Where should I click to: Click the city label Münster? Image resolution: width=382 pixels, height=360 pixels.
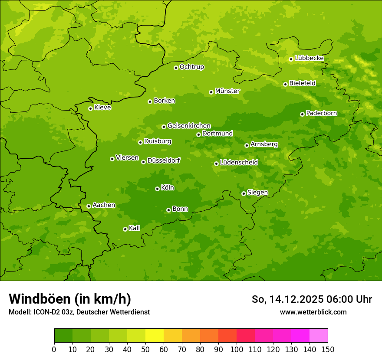tap(227, 91)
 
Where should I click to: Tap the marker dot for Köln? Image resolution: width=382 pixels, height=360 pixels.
tap(157, 189)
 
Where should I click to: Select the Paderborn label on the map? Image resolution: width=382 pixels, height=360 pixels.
tap(321, 113)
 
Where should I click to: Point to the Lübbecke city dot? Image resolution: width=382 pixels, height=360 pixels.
tap(291, 59)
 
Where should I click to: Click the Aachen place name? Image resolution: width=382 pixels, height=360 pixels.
tap(104, 205)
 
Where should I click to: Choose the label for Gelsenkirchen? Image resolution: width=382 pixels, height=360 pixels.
tap(189, 126)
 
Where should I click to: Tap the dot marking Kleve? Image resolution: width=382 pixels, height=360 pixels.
tap(90, 108)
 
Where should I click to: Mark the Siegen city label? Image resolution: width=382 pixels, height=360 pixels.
tap(257, 193)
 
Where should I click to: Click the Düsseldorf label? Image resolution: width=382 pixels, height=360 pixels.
tap(163, 160)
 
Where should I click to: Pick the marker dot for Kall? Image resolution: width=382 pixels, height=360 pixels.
tap(125, 229)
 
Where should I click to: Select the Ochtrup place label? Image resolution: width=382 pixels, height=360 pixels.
tap(191, 67)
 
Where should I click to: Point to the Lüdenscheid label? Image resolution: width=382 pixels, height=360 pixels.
tap(239, 163)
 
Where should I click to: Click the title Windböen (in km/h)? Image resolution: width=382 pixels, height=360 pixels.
tap(70, 299)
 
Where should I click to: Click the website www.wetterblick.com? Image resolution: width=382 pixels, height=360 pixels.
tap(313, 312)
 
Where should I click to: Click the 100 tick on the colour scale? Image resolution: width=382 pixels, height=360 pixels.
tap(237, 349)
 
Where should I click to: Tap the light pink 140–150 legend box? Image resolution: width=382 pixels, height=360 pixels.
tap(319, 336)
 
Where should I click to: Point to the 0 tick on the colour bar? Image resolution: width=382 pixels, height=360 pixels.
tap(54, 349)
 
